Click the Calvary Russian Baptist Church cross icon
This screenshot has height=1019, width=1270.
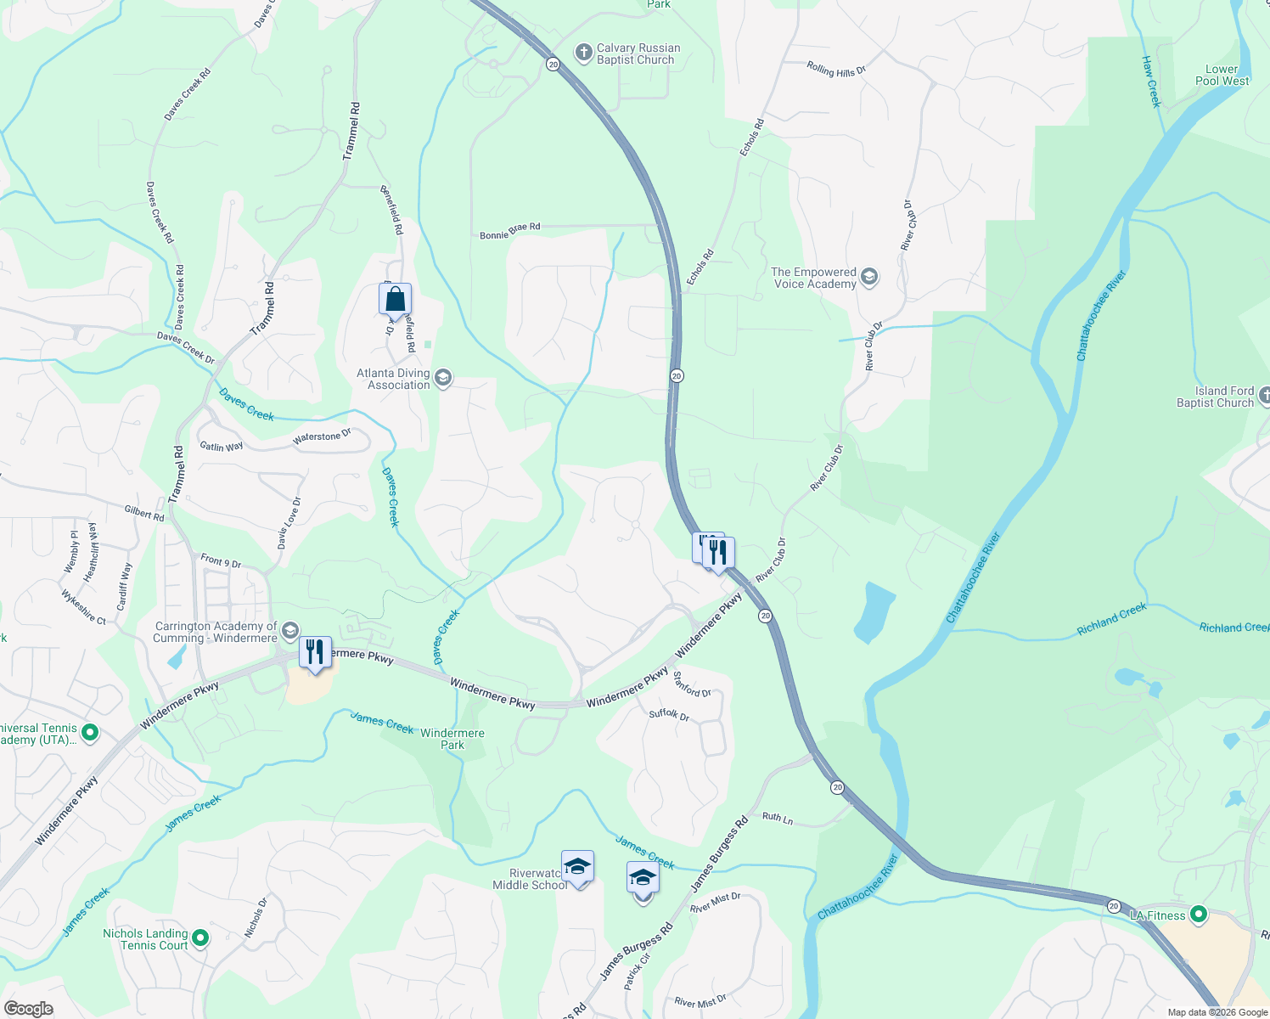click(x=583, y=53)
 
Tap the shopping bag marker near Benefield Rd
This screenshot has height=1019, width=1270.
click(x=395, y=299)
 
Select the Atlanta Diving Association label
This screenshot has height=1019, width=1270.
click(x=394, y=379)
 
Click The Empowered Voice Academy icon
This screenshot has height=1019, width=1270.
click(x=868, y=277)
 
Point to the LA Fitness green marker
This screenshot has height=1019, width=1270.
click(x=1198, y=915)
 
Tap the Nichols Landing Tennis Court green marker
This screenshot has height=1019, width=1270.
click(x=200, y=938)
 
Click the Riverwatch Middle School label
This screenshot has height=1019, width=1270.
click(x=530, y=880)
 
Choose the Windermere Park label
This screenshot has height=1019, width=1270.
click(x=452, y=739)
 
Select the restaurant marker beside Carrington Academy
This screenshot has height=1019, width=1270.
click(x=315, y=652)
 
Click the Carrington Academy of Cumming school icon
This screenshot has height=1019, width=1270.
click(x=289, y=631)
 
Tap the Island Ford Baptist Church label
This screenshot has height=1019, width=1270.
click(x=1215, y=397)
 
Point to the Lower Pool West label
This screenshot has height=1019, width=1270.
click(x=1222, y=76)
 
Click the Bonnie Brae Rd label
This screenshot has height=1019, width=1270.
click(x=509, y=231)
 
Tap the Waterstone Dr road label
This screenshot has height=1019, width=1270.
click(x=322, y=437)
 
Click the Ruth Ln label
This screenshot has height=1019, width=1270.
click(x=777, y=818)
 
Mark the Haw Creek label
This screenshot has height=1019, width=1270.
click(x=1151, y=82)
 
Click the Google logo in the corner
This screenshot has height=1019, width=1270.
click(x=28, y=1009)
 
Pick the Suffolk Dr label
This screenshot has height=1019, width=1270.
click(x=669, y=715)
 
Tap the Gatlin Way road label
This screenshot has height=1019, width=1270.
click(x=222, y=447)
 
